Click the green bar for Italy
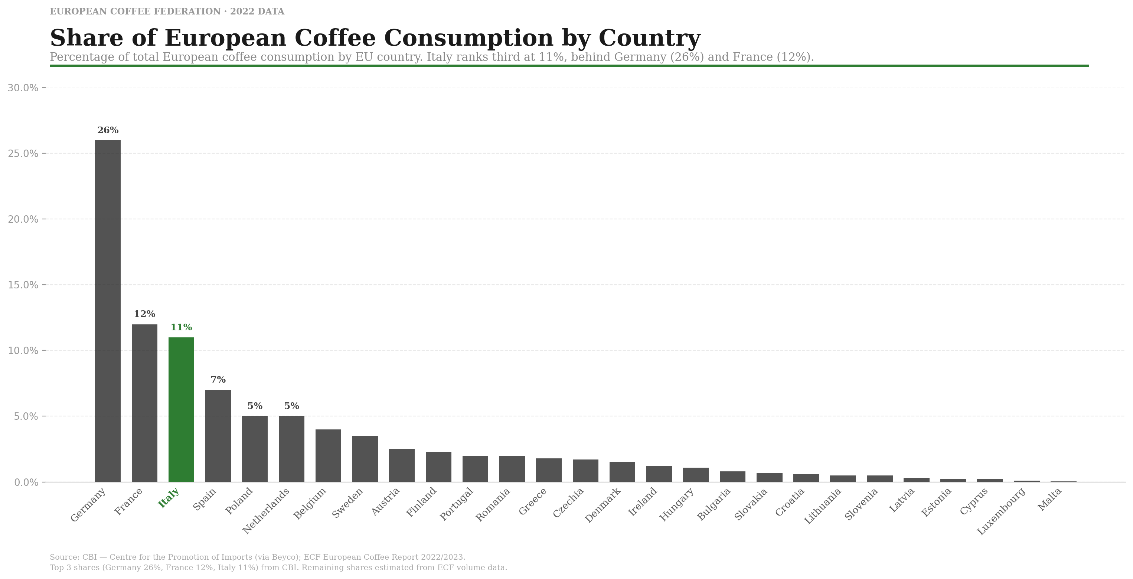(x=181, y=409)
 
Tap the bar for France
(x=144, y=403)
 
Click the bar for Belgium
(x=328, y=455)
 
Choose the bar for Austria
(x=402, y=465)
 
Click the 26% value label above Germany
(x=108, y=130)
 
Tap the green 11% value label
(x=181, y=327)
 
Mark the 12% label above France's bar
(x=144, y=314)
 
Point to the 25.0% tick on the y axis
(x=23, y=153)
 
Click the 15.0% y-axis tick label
(x=23, y=285)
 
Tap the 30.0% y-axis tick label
(x=23, y=88)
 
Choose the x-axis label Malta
(x=1049, y=500)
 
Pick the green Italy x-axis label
(x=169, y=498)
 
